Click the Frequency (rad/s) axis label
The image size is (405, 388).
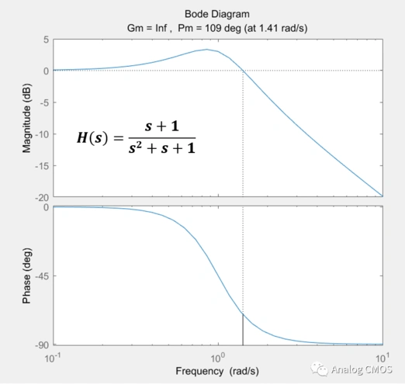click(217, 372)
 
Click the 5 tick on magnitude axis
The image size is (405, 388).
click(47, 40)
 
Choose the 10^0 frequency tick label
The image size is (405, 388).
click(218, 358)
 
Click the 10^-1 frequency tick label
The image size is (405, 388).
click(54, 358)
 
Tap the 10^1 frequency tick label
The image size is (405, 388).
click(382, 358)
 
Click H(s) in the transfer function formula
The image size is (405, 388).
click(94, 138)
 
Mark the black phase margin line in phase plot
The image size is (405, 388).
click(243, 330)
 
